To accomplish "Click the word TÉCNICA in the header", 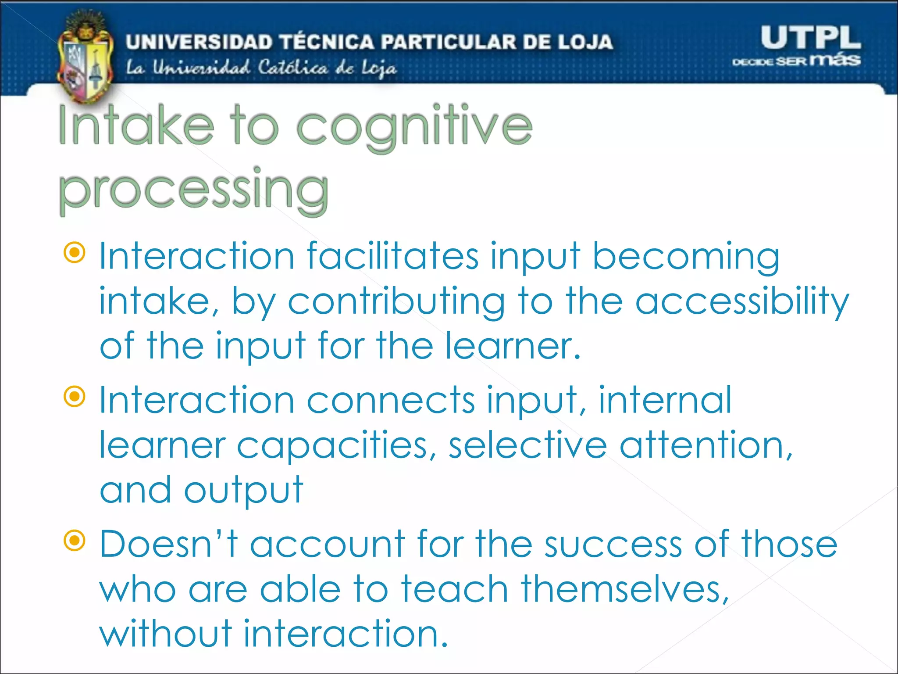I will click(327, 42).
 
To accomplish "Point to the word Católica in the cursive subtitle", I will click(292, 68).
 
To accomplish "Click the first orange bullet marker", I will click(75, 253).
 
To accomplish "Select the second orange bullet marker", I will click(75, 397).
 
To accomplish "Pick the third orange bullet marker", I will click(75, 541).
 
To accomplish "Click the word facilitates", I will click(392, 256).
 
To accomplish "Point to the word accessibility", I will click(742, 302).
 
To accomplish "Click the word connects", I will click(391, 400).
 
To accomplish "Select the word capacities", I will click(332, 446).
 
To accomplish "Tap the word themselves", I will click(625, 589).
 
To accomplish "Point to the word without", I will click(166, 634).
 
